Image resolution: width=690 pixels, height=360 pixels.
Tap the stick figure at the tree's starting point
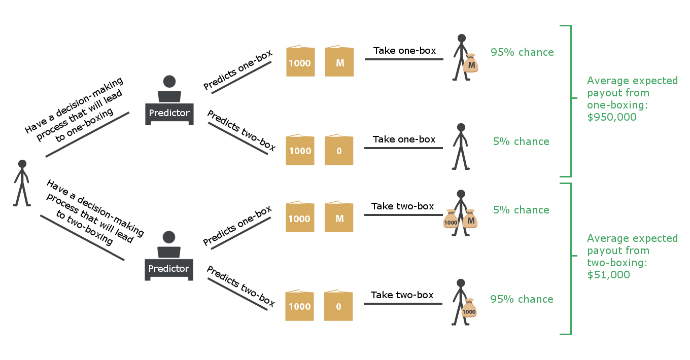point(22,183)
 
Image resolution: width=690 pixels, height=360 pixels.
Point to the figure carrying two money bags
point(461,213)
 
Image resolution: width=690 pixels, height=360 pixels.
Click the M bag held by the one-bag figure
point(471,64)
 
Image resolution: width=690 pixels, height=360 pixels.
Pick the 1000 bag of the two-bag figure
point(451,221)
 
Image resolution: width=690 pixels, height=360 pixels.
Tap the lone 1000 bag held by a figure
point(469,311)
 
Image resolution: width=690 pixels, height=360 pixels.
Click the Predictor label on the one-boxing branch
point(169,113)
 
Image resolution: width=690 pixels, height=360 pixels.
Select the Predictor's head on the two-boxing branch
point(169,237)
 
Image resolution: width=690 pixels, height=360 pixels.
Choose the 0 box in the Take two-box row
point(338,306)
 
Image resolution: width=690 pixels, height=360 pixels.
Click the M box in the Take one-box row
point(339,63)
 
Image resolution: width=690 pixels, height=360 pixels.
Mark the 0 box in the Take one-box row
point(339,151)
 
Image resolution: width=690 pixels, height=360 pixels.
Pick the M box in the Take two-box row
point(339,218)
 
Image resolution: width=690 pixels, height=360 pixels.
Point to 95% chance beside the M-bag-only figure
point(522,52)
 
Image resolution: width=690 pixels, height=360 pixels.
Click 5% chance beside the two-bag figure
point(521,210)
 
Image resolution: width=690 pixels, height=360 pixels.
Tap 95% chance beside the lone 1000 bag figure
point(522,299)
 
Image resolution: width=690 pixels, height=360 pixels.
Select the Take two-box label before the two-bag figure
point(402,206)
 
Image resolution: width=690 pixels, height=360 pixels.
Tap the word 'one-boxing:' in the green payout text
point(610,105)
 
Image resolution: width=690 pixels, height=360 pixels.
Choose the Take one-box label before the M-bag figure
point(404,51)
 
